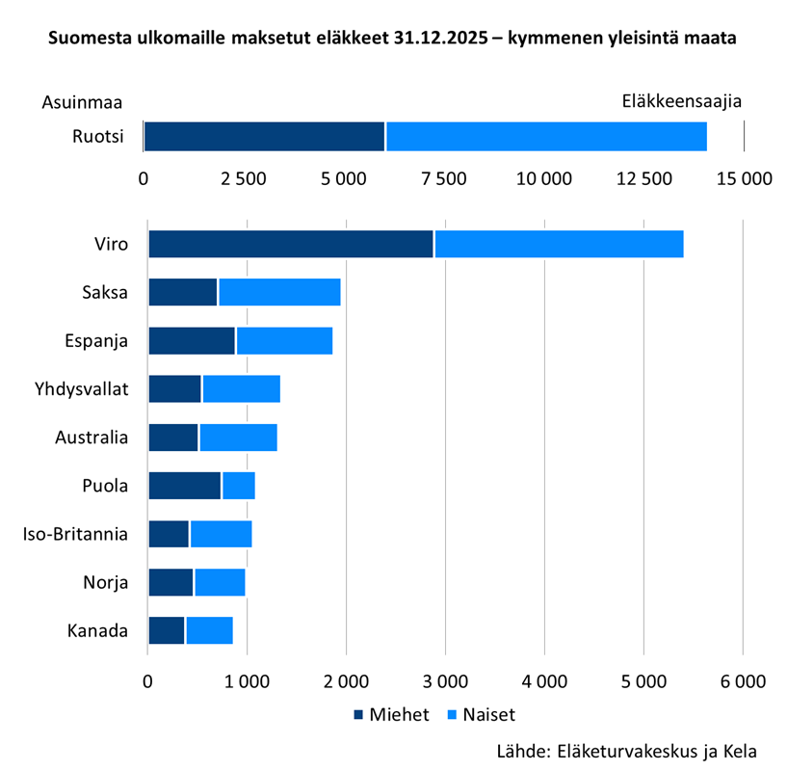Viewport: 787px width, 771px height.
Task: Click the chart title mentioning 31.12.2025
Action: [x=393, y=40]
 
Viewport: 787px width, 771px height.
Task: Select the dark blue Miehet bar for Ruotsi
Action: [x=264, y=137]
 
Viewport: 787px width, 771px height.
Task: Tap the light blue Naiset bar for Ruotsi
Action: [x=546, y=137]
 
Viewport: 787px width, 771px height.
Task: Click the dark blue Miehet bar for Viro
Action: [x=291, y=245]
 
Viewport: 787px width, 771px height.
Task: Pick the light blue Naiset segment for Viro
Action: [x=559, y=245]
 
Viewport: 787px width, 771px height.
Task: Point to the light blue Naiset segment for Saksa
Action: [x=279, y=292]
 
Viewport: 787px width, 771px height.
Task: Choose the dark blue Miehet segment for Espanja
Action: [x=192, y=340]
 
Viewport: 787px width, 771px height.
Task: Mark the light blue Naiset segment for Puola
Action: [x=238, y=486]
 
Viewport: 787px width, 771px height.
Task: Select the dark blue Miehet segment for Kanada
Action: [x=166, y=630]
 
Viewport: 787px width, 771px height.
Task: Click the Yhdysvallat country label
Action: [x=80, y=389]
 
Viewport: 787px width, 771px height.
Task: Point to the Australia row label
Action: [x=92, y=438]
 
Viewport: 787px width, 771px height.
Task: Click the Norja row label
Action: [x=106, y=582]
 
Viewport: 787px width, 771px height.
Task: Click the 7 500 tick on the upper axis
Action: [x=444, y=179]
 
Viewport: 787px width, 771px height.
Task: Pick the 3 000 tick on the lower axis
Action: [x=445, y=681]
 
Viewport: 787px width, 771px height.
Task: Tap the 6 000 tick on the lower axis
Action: [x=742, y=681]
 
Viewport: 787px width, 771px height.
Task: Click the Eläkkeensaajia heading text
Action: [x=681, y=101]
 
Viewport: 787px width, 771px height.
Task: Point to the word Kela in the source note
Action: [x=739, y=751]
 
